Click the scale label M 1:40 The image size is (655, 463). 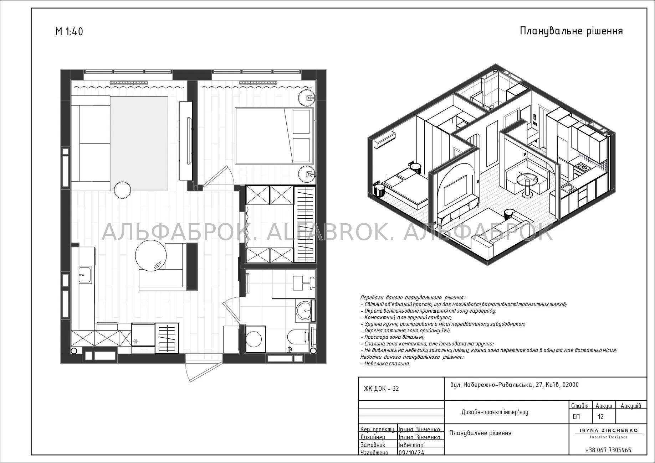[x=69, y=32]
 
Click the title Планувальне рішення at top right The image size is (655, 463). [x=571, y=31]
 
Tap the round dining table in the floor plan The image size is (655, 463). [x=151, y=255]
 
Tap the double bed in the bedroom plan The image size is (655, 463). [x=274, y=135]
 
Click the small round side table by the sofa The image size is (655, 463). [x=123, y=189]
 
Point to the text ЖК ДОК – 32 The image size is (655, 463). [x=381, y=389]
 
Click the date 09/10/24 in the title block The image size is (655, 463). [x=411, y=453]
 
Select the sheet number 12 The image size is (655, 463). [x=601, y=417]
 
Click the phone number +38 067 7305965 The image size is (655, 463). [x=608, y=450]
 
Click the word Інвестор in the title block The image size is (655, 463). [x=411, y=445]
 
